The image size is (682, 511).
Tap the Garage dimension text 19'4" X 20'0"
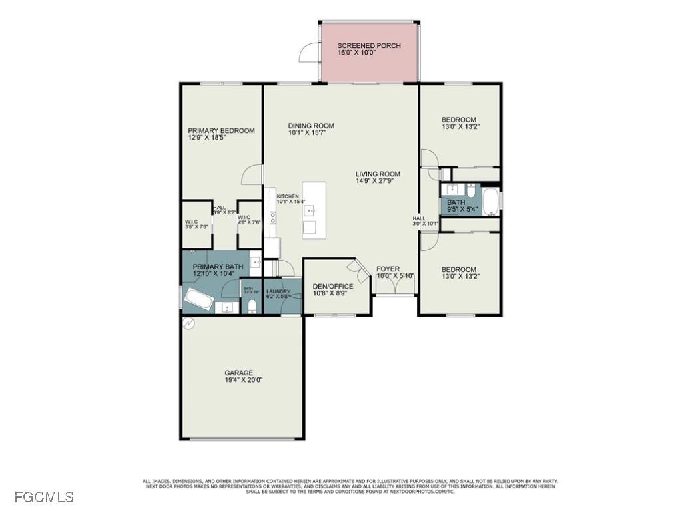click(238, 381)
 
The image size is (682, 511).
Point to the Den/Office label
click(333, 287)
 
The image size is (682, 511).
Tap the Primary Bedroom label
click(221, 130)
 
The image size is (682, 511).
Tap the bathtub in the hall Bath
click(490, 202)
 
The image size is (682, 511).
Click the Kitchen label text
click(288, 196)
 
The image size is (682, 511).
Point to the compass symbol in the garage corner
click(188, 325)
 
